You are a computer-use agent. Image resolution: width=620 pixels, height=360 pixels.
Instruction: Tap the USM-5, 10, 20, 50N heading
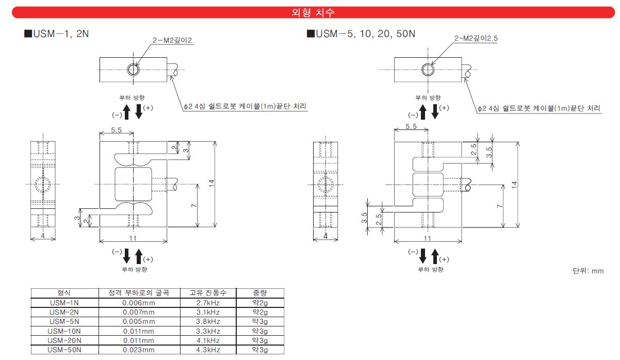[361, 34]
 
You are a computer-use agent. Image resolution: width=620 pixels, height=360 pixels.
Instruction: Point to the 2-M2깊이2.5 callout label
[476, 38]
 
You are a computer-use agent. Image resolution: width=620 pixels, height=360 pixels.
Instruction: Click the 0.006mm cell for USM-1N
[139, 303]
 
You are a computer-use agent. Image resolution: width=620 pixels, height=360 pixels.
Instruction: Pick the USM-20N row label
[64, 340]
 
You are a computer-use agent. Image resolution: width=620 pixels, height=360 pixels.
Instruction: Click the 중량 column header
[259, 293]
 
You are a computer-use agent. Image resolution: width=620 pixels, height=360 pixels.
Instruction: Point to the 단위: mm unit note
[588, 271]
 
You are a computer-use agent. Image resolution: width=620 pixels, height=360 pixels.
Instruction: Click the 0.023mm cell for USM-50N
[139, 349]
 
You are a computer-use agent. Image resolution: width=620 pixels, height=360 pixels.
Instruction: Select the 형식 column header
[64, 293]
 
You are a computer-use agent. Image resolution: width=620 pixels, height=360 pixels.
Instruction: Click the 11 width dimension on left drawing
[133, 238]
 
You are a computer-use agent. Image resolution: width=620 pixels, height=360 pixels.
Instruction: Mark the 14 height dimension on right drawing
[513, 185]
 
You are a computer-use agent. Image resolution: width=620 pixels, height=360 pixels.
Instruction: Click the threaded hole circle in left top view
[134, 70]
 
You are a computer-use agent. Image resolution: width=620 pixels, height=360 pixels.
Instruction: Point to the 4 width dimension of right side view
[325, 236]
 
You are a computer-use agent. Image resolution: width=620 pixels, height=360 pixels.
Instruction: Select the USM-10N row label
[64, 331]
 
